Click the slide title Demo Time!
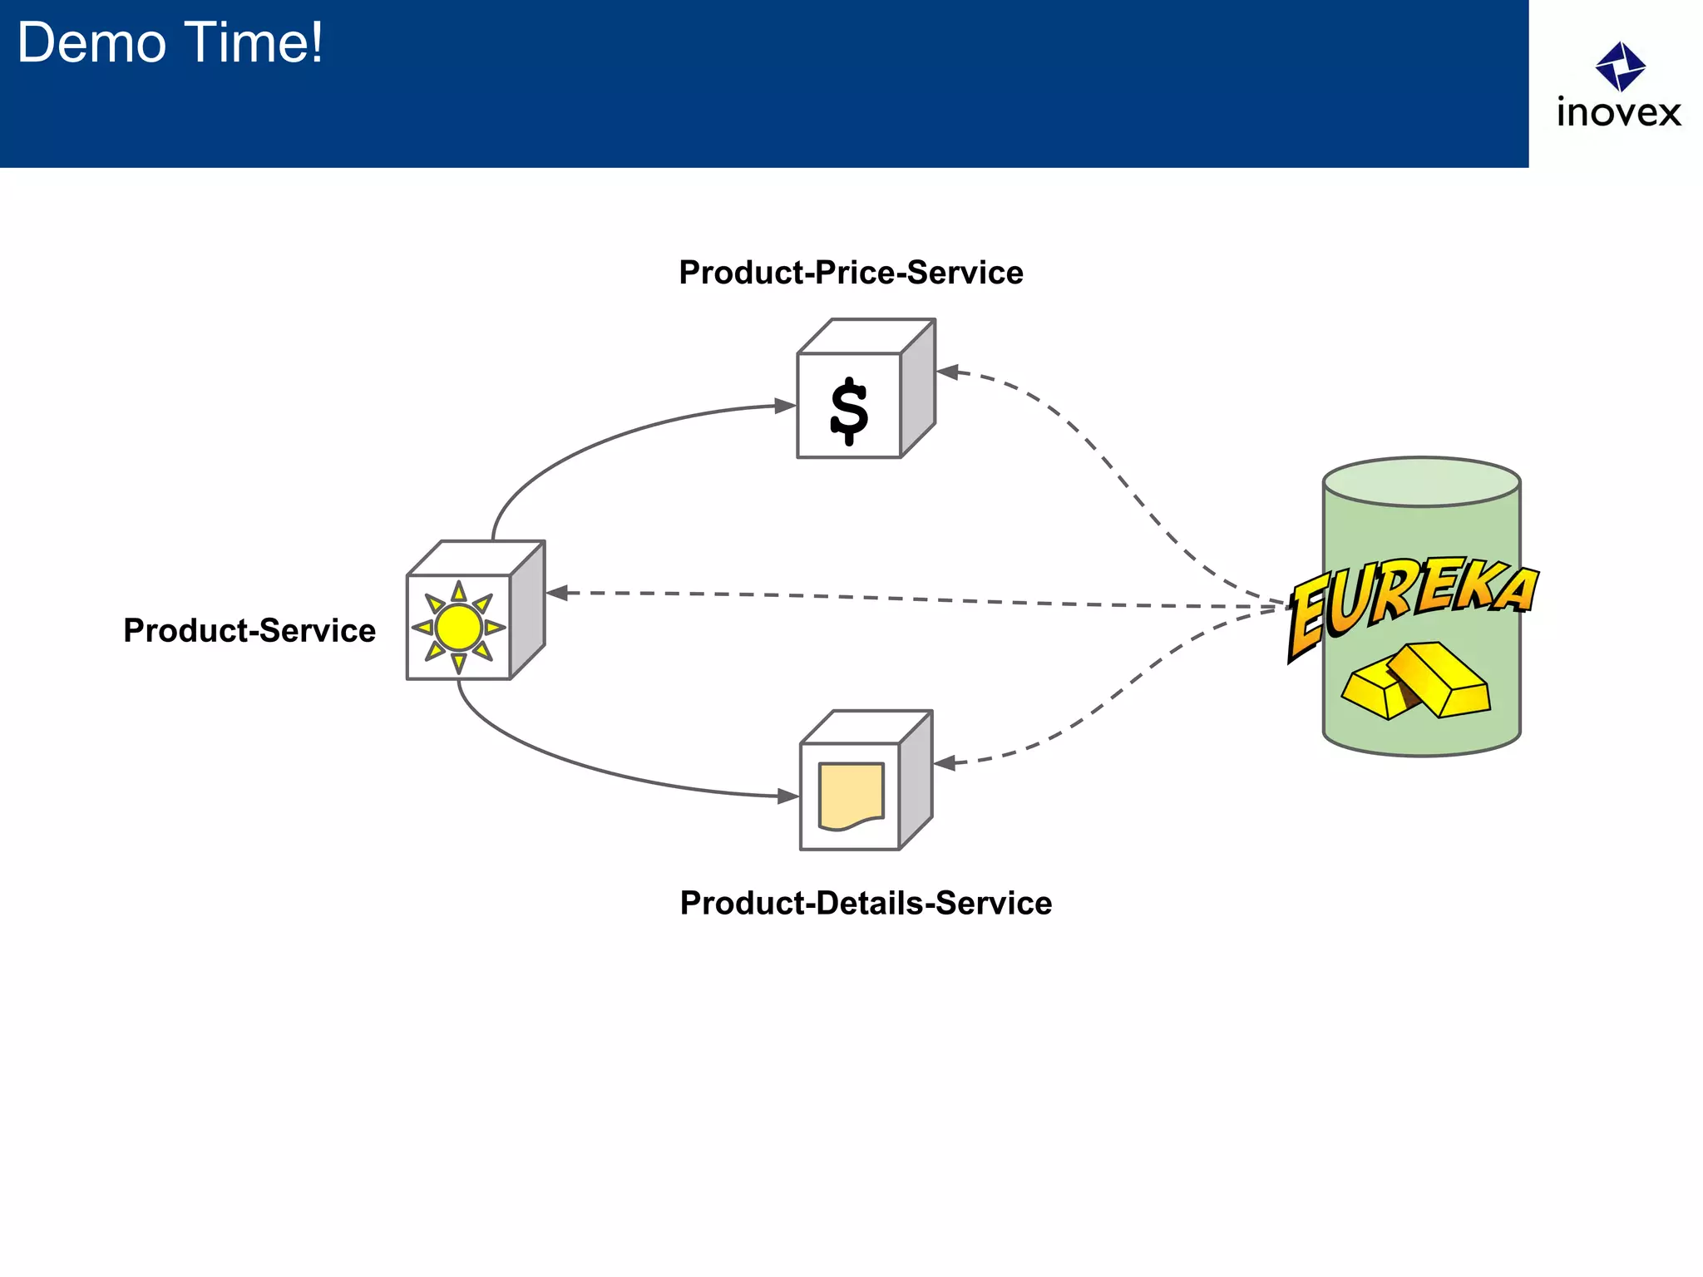pos(170,43)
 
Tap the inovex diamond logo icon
pos(1620,67)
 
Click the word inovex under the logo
pos(1618,113)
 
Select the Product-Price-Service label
pos(851,273)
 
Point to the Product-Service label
pos(249,630)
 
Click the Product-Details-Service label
pos(866,903)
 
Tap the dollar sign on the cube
pos(849,410)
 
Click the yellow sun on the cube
pos(458,627)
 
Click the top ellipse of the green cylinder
pos(1421,481)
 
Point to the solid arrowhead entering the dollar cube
pos(785,406)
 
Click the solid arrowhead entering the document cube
pos(787,796)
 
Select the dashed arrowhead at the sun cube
pos(557,593)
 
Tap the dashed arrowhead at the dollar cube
pos(948,372)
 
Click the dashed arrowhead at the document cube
pos(945,762)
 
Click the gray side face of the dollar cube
pos(918,389)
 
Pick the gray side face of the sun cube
pos(528,610)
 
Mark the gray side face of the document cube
pos(916,780)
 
